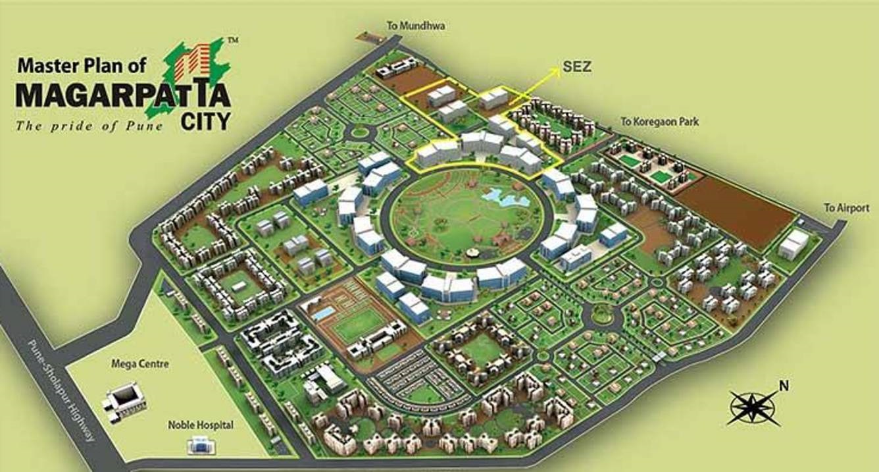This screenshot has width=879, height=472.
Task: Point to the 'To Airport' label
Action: [x=847, y=208]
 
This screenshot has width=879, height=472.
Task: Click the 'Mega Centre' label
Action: [x=131, y=363]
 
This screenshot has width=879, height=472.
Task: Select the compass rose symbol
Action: [x=753, y=408]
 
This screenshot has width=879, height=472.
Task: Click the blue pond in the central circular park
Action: [x=500, y=194]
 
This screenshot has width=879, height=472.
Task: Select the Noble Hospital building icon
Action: [x=199, y=447]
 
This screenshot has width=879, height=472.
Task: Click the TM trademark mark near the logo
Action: [x=232, y=41]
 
